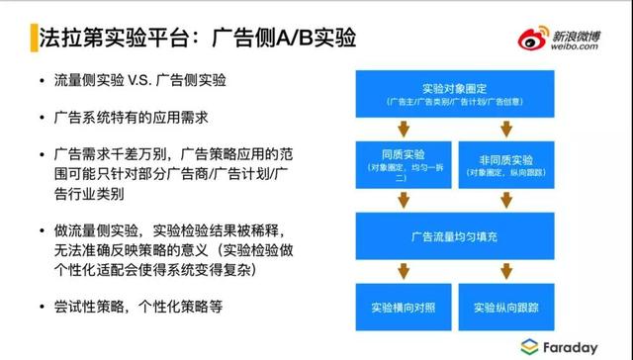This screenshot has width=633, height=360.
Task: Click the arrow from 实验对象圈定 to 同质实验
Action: (402, 128)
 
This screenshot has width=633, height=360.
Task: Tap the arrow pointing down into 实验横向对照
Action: (402, 269)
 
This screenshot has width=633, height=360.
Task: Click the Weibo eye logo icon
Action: (532, 40)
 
